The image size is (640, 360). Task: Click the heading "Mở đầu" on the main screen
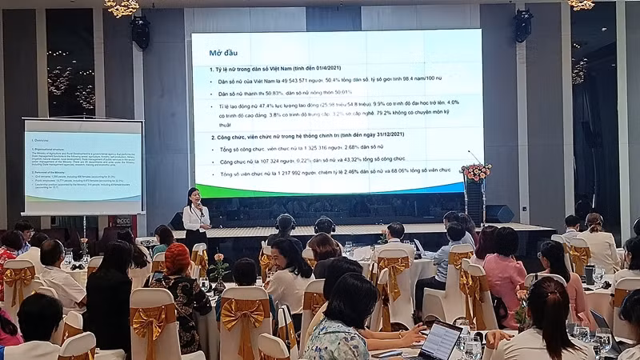tap(225, 53)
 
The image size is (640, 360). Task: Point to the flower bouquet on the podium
tap(476, 171)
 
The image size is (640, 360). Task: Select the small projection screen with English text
tap(83, 166)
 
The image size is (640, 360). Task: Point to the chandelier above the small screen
tap(122, 7)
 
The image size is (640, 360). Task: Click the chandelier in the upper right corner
tap(581, 4)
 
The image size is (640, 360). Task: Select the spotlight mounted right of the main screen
tap(522, 26)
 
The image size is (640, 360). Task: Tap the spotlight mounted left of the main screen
tap(141, 30)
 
